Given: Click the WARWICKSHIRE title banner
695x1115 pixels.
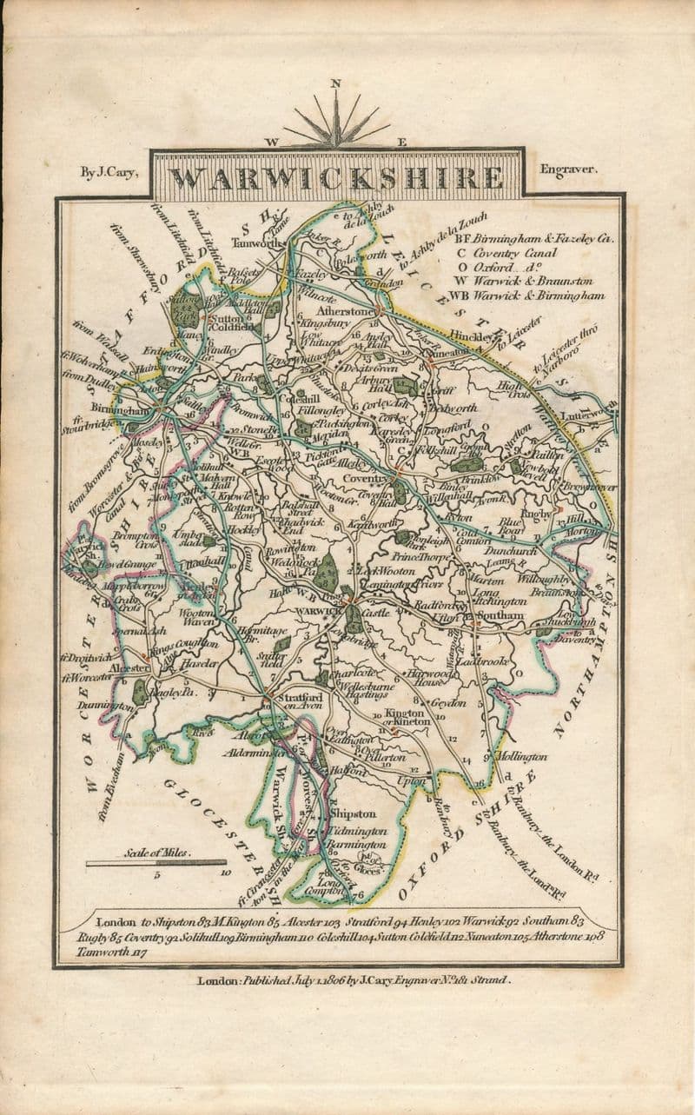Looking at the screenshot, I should click(336, 177).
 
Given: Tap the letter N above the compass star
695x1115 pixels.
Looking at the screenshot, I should click(335, 84).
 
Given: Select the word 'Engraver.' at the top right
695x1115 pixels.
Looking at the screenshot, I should click(568, 170).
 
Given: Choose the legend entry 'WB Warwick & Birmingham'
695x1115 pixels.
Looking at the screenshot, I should click(539, 296).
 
